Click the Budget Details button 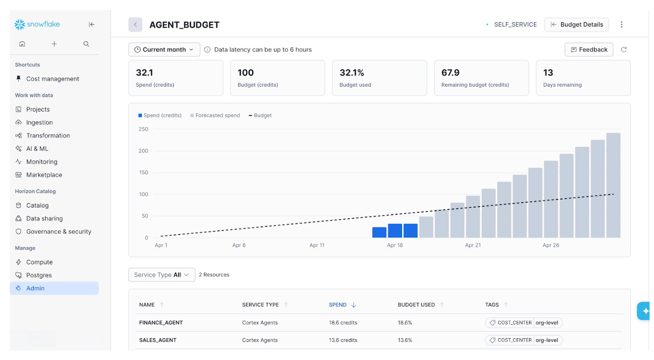point(576,24)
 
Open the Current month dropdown point(164,50)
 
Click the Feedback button point(589,50)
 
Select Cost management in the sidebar point(52,79)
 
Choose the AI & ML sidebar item point(37,148)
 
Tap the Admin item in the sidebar point(36,288)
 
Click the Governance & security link point(59,232)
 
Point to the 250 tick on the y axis point(144,129)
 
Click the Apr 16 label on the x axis point(395,245)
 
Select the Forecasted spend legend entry point(217,116)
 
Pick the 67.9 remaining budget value point(451,72)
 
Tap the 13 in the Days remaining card point(548,72)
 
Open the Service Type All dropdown point(162,275)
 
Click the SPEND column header point(338,305)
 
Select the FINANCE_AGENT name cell point(161,323)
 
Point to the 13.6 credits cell point(343,340)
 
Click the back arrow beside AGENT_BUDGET point(135,25)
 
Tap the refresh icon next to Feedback point(624,50)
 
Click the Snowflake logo point(37,24)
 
